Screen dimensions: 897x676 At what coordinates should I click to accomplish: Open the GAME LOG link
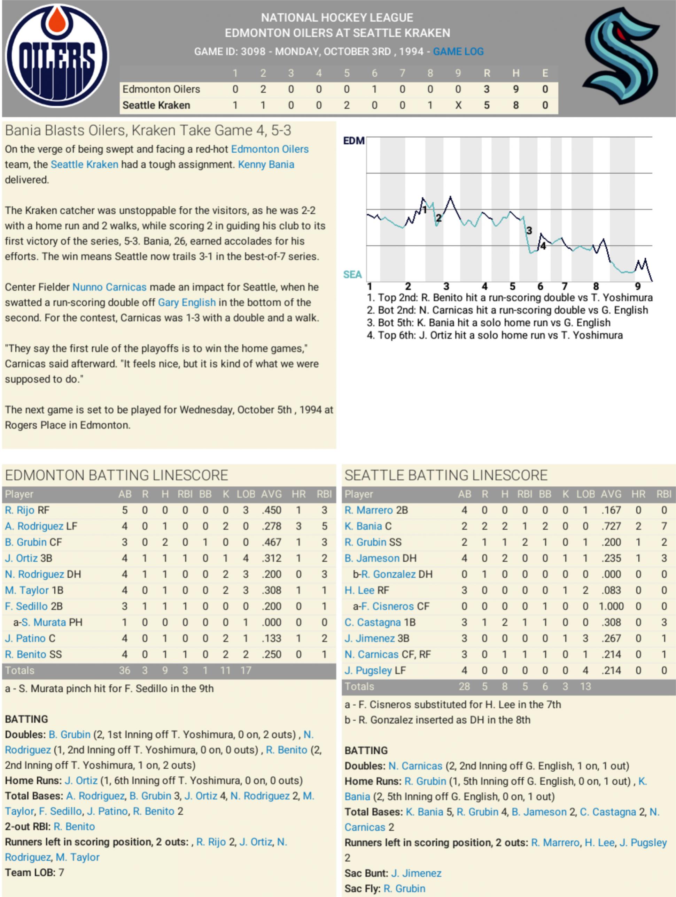pyautogui.click(x=458, y=52)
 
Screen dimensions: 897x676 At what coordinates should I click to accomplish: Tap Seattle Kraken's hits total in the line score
pyautogui.click(x=515, y=105)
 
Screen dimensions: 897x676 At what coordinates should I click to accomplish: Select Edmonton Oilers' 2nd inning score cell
pyautogui.click(x=263, y=89)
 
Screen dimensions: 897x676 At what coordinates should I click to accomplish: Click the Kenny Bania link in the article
pyautogui.click(x=266, y=165)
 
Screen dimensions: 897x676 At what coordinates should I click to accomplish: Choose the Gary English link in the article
pyautogui.click(x=187, y=303)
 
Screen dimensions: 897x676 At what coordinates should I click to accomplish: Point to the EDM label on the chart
pyautogui.click(x=353, y=141)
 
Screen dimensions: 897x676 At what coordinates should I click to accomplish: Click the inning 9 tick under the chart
pyautogui.click(x=638, y=286)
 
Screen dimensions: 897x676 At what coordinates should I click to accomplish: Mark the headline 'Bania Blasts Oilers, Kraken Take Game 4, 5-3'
pyautogui.click(x=148, y=131)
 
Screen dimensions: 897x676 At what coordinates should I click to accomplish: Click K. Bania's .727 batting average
pyautogui.click(x=611, y=526)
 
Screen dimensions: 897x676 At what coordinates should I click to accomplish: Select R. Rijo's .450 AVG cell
pyautogui.click(x=271, y=510)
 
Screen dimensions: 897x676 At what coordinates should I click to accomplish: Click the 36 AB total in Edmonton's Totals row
pyautogui.click(x=124, y=671)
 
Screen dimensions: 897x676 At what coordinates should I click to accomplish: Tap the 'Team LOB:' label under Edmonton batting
pyautogui.click(x=30, y=873)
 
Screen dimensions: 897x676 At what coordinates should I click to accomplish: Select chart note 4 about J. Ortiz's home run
pyautogui.click(x=495, y=335)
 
